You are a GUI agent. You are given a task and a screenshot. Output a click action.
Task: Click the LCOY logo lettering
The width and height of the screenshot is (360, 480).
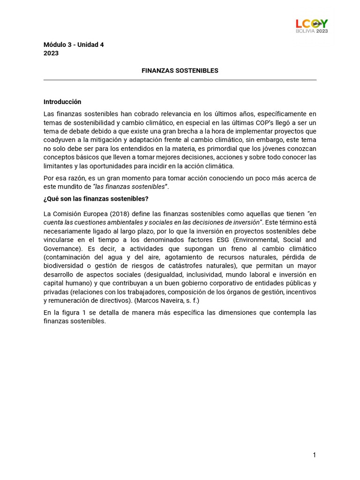[311, 23]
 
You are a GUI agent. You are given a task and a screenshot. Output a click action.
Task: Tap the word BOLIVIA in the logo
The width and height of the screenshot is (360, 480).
[305, 31]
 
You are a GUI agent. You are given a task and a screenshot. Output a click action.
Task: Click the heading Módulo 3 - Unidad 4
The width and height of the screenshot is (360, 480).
[74, 45]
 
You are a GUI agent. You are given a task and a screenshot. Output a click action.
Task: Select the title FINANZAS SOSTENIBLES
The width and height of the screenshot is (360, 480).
[180, 71]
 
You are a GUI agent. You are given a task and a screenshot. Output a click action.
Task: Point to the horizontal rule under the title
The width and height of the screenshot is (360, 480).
[180, 80]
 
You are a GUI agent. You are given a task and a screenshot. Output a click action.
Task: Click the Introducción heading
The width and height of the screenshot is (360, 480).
[62, 102]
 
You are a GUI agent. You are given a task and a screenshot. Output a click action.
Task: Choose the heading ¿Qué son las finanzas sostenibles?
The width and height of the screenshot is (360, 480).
[96, 199]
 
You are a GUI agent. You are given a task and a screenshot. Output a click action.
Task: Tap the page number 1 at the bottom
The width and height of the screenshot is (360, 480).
[315, 455]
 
